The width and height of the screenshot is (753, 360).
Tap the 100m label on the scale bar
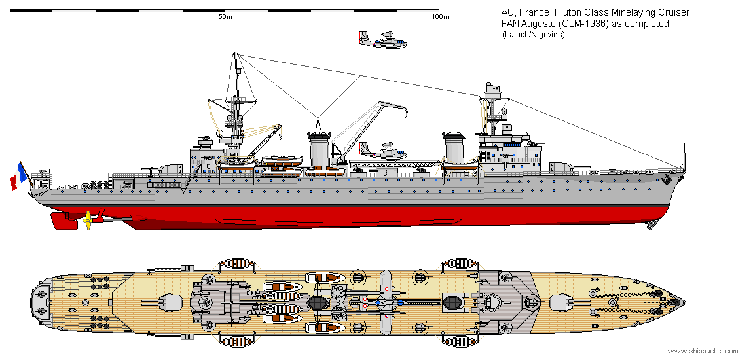(x=441, y=17)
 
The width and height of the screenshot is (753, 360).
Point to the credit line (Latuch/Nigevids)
(x=533, y=35)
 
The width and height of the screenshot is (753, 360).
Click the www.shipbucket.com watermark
(x=703, y=351)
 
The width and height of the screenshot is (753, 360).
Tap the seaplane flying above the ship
(x=382, y=40)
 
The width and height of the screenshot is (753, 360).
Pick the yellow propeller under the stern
(x=88, y=220)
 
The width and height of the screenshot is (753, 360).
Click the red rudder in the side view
(x=64, y=221)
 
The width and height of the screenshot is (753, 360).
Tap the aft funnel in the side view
(x=319, y=149)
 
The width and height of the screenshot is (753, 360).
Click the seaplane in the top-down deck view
(x=386, y=302)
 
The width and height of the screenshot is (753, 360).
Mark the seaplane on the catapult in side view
(x=382, y=152)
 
